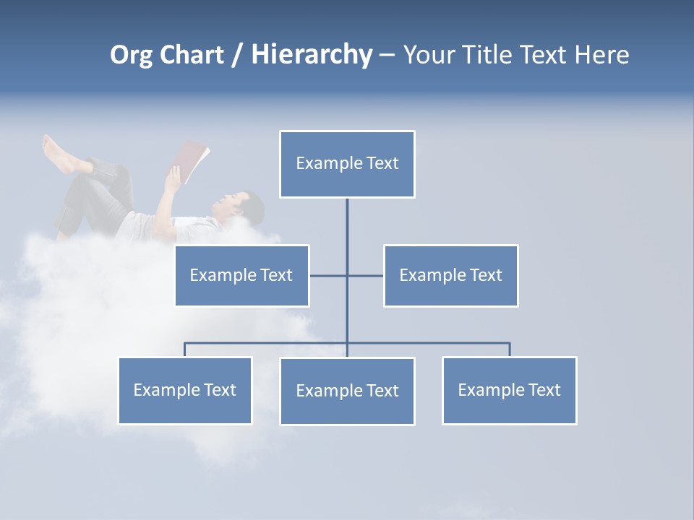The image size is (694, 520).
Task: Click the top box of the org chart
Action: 347,164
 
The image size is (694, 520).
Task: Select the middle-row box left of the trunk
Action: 241,275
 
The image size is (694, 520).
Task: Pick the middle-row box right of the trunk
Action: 450,275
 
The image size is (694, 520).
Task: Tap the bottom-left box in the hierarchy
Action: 185,390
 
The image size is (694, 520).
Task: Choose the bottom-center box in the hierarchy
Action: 347,391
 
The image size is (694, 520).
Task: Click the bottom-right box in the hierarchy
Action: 509,390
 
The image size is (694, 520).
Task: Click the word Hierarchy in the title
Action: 312,55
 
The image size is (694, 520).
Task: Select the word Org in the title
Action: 130,55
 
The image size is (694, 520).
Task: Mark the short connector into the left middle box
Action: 328,275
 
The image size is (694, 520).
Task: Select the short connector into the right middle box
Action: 366,275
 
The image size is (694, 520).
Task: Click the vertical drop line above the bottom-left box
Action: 185,350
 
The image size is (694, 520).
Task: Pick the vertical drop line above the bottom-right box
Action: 510,350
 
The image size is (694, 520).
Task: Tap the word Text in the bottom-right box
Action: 544,390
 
